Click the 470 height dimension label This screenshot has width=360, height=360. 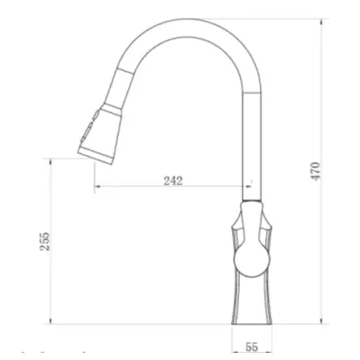(x=316, y=171)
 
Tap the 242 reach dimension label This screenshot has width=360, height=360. (x=173, y=181)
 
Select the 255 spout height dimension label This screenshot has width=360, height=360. (x=45, y=241)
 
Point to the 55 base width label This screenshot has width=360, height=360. (x=252, y=347)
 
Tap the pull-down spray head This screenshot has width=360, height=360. (x=100, y=134)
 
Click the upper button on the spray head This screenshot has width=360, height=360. (x=96, y=115)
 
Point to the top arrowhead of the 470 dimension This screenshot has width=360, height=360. (x=321, y=21)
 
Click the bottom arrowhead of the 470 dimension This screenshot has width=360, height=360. (x=321, y=321)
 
